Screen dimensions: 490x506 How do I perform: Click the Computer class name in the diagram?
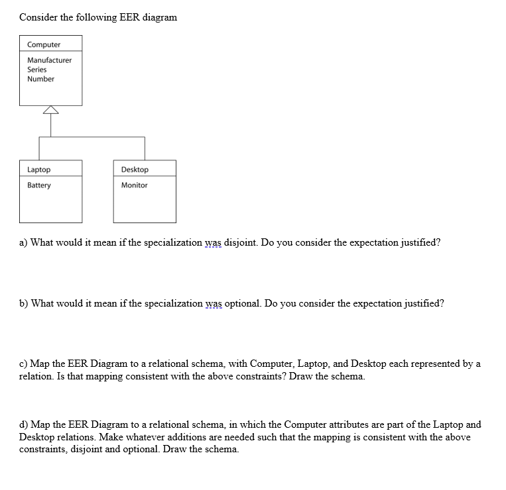(44, 44)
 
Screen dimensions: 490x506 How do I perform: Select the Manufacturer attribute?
(50, 60)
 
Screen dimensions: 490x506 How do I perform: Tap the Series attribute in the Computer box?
(37, 70)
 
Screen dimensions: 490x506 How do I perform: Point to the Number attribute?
(40, 79)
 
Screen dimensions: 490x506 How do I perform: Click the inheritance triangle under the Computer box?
(50, 110)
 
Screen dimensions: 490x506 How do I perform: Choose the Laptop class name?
(38, 170)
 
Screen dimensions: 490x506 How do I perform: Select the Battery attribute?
(38, 185)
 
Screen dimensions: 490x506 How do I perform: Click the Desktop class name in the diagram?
(135, 170)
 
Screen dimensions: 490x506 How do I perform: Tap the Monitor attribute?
(134, 185)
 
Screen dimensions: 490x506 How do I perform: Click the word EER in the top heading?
(129, 17)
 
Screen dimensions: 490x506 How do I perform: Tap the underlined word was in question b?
(214, 303)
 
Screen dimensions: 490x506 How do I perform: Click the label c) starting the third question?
(23, 364)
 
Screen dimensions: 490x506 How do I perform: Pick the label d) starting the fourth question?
(24, 424)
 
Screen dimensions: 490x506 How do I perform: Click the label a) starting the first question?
(23, 242)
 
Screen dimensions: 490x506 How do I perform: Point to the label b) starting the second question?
(24, 303)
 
